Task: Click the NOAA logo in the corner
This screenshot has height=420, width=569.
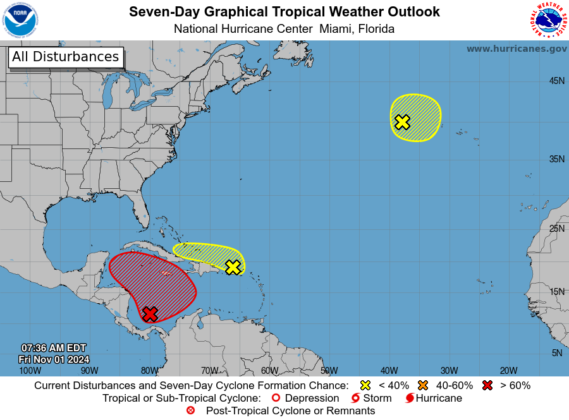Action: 20,20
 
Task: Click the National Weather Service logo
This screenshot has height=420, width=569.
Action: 547,20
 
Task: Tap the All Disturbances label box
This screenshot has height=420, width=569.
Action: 65,57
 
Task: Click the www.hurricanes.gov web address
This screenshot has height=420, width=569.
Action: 517,49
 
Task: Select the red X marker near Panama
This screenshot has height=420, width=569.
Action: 150,314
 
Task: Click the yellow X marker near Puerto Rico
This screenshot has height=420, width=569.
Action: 233,267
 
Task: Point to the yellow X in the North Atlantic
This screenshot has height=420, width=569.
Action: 402,122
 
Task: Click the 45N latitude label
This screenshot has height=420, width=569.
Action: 556,81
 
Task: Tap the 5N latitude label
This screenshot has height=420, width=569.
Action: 557,353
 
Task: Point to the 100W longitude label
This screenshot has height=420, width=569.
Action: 26,371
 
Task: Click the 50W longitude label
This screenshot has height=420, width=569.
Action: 329,371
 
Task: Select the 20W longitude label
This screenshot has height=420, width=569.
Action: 509,371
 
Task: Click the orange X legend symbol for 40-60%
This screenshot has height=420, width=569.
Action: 423,385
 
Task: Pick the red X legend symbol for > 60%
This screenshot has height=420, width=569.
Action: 487,385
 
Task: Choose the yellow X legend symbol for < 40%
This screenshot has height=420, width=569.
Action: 365,385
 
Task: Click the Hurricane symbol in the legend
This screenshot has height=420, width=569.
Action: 410,399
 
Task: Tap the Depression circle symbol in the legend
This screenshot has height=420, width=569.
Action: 276,399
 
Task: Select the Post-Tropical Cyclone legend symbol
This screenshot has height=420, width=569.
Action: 190,411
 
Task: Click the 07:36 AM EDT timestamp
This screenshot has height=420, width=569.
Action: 54,348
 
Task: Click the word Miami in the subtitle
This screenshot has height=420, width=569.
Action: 336,29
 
